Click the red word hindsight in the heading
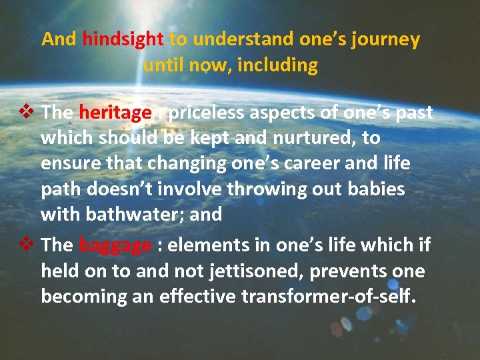tap(123, 39)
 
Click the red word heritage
tap(115, 113)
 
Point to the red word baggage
tap(115, 245)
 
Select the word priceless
tap(206, 113)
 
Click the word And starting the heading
tap(59, 39)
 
